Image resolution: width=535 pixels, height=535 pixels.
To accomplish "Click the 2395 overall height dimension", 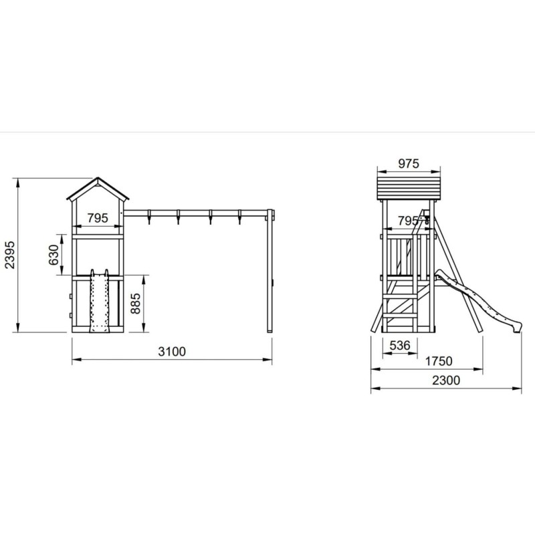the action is point(10,255).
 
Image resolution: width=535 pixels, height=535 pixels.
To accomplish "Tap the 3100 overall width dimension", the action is point(172,352).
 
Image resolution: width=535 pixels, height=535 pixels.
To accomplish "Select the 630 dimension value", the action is point(53,255).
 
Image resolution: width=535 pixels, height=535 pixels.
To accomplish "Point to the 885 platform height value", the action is point(136,304).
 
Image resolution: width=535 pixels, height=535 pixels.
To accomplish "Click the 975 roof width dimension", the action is point(409,164).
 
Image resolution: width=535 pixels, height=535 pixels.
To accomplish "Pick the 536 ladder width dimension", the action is point(400,346).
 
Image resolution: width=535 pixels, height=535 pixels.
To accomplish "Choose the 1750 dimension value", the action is point(439,361).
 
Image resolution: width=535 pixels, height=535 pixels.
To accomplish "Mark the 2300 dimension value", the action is point(446,380).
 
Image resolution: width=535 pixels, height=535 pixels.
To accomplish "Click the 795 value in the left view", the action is point(98,218).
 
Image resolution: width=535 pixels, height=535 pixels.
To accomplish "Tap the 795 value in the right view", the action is point(408,221).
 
